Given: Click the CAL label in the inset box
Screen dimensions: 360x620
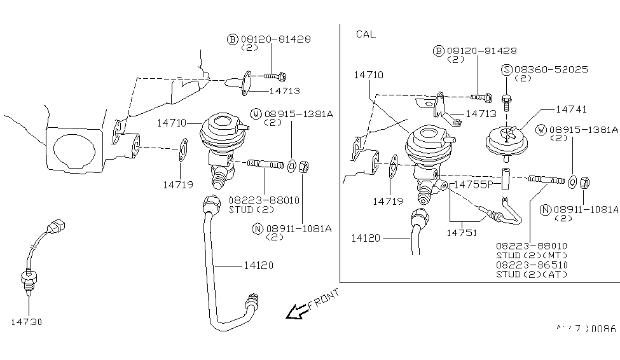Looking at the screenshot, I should (x=366, y=34).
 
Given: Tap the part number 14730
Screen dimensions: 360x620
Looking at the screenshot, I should (x=26, y=322).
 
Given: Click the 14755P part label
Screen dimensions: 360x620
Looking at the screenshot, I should (x=473, y=184).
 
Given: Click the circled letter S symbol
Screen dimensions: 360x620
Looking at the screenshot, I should (x=507, y=70).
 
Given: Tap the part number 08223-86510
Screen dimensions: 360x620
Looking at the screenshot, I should (x=532, y=264).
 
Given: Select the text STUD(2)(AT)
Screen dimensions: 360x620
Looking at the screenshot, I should (x=531, y=274).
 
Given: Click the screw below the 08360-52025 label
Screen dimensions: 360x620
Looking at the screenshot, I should (x=506, y=100).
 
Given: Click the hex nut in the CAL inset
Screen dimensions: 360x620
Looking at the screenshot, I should (x=586, y=183).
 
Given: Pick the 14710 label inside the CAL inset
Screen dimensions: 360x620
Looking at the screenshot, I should (x=368, y=76).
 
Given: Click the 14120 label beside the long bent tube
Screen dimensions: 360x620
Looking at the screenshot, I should (x=258, y=265).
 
